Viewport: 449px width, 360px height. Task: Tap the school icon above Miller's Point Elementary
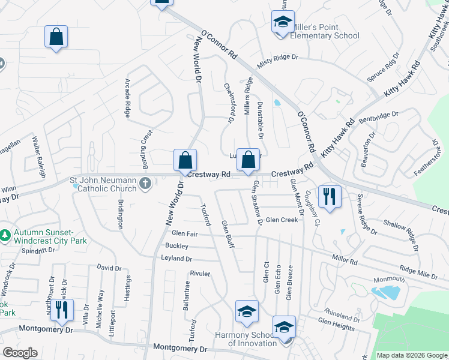[x=282, y=23]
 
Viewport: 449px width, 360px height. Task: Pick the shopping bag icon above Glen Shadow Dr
[x=248, y=160]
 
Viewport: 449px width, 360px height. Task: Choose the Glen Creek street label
[x=282, y=220]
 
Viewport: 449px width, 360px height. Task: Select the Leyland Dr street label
[x=176, y=259]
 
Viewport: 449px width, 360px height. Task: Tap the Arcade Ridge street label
[x=127, y=98]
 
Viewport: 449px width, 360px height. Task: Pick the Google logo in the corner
[x=20, y=353]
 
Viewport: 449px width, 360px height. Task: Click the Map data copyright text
[x=412, y=355]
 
